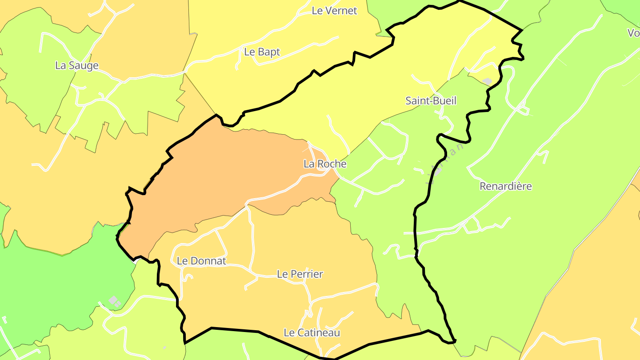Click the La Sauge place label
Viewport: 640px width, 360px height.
tap(77, 66)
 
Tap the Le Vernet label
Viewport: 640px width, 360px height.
tap(334, 11)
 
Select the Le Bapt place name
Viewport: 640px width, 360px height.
tap(262, 52)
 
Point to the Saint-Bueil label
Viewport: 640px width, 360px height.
tap(431, 101)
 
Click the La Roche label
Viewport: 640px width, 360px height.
tap(324, 164)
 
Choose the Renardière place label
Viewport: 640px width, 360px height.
tap(505, 186)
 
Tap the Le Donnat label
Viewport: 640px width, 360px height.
tap(201, 261)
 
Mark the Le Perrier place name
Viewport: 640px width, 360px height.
tap(300, 274)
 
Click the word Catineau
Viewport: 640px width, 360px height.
tap(317, 332)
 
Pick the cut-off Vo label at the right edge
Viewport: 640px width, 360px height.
tap(633, 33)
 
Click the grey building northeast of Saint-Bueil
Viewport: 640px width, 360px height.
tap(487, 81)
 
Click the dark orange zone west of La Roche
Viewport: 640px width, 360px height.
tap(222, 173)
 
